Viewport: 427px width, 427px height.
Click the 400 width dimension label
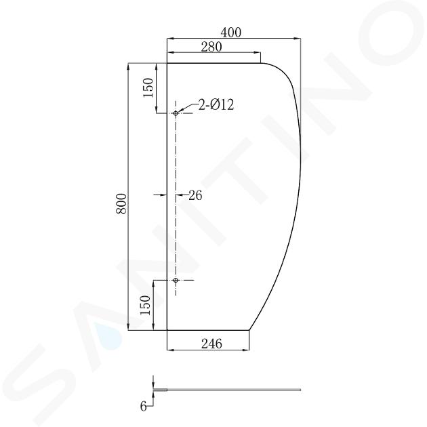click(x=230, y=33)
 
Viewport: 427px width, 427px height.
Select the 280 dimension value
click(x=211, y=47)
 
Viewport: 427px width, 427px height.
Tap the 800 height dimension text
click(x=121, y=203)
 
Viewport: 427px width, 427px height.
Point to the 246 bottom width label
click(x=211, y=344)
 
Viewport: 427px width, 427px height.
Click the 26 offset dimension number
click(x=195, y=195)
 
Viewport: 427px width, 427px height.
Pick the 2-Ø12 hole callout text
click(x=216, y=104)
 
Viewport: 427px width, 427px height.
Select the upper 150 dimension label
click(x=148, y=87)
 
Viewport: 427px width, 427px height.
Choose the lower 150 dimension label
click(x=145, y=305)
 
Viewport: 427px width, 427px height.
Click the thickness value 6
click(x=143, y=407)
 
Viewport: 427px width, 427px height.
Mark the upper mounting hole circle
click(x=176, y=113)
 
